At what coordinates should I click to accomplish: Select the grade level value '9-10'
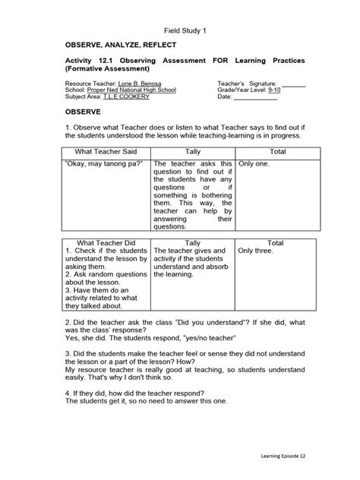(x=267, y=90)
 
